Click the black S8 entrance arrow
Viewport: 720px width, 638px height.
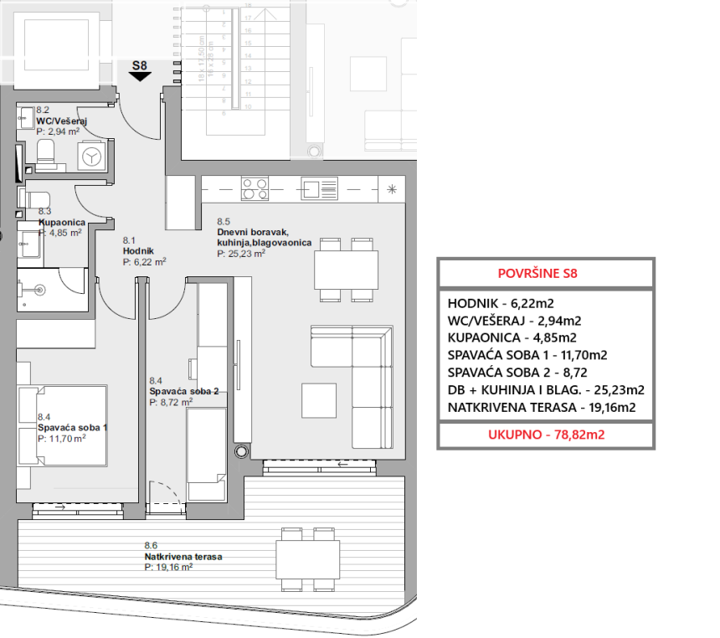(x=140, y=76)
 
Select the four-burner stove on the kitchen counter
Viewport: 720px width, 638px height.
(x=255, y=188)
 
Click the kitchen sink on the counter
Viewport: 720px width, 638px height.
(x=319, y=188)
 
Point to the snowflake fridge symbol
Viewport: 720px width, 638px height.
(x=392, y=188)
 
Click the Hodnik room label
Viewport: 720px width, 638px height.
(x=138, y=250)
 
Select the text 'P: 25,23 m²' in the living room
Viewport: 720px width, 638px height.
(x=241, y=254)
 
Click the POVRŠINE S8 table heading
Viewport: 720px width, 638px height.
(x=545, y=273)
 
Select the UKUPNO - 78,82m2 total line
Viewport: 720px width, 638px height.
(x=545, y=435)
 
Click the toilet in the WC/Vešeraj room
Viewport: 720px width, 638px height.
(x=45, y=152)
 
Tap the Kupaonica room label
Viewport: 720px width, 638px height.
(x=61, y=223)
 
